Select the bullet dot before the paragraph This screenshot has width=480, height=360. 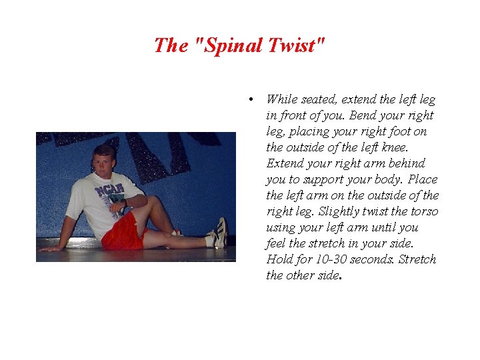coord(249,99)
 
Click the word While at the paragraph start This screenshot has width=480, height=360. coord(282,99)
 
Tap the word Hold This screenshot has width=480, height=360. coord(279,259)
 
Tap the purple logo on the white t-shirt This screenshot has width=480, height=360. coord(107,191)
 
